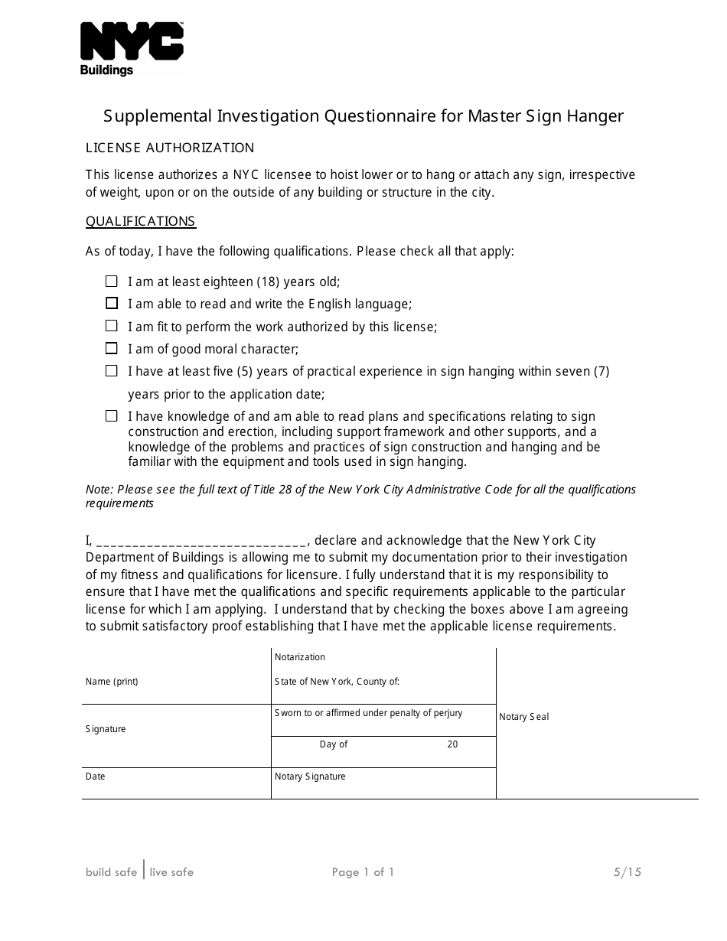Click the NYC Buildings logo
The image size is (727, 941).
tap(132, 49)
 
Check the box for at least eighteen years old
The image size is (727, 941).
tap(112, 282)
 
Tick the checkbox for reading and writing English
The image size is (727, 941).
tap(112, 304)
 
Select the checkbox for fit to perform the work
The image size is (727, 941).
tap(112, 326)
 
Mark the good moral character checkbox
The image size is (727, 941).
tap(112, 349)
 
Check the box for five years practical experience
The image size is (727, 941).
tap(112, 371)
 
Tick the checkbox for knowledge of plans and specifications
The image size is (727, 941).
tap(112, 416)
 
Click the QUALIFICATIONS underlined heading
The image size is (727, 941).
tap(140, 221)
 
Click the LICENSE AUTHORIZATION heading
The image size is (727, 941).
tap(169, 148)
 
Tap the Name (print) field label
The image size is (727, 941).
tap(112, 682)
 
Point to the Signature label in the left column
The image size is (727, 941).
tap(106, 729)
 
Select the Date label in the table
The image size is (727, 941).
tap(96, 777)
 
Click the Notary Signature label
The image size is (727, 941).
tap(310, 777)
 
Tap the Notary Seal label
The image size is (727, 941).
tap(523, 717)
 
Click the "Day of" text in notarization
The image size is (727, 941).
tap(334, 744)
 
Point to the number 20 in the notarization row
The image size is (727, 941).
tap(452, 744)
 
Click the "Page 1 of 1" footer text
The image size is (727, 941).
tap(363, 872)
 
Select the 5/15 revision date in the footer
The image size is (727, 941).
tap(627, 872)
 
